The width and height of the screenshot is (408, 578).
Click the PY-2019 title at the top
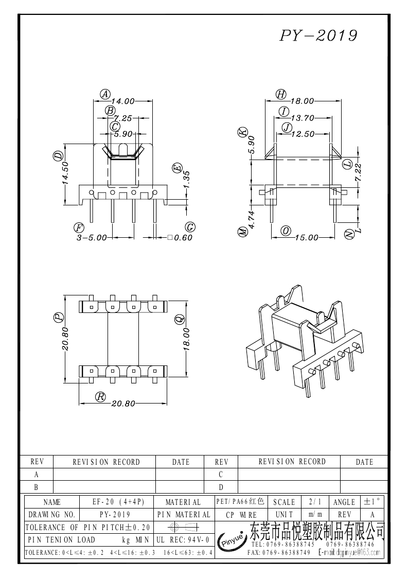[x=318, y=36]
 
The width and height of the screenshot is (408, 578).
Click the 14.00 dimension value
[x=123, y=101]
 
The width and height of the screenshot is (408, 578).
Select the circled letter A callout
[x=105, y=94]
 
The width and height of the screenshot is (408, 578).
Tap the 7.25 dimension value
[x=123, y=118]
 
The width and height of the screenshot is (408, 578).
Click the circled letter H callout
[x=281, y=94]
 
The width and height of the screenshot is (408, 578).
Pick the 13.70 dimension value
[x=302, y=118]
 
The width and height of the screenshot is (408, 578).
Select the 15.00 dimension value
[x=306, y=237]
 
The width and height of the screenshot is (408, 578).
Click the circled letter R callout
[x=100, y=397]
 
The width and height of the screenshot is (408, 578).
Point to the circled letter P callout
[x=59, y=317]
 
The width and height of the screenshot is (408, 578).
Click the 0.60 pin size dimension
[x=180, y=238]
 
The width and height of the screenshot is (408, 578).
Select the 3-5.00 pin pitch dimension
[x=92, y=238]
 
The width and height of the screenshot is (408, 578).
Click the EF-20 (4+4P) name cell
[x=118, y=502]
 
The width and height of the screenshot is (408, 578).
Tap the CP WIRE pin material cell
[x=241, y=515]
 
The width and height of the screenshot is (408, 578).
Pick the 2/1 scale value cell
[x=315, y=502]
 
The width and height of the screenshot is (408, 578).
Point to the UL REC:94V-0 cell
[x=183, y=540]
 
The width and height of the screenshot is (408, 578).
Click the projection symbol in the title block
[x=183, y=527]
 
